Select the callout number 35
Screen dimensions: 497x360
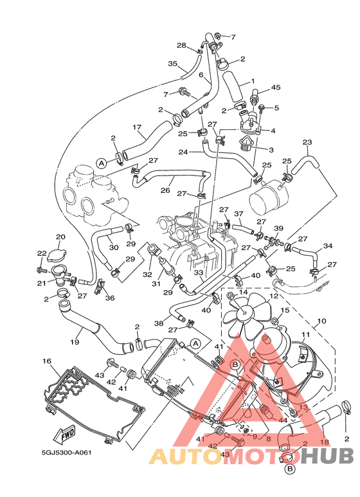[172, 64]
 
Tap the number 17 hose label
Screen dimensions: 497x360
[136, 127]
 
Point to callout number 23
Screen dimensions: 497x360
[307, 142]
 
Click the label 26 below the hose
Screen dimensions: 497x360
[165, 190]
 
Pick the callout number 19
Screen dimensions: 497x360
[75, 342]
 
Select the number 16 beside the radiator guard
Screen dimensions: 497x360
[46, 362]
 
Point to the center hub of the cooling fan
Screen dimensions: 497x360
[244, 314]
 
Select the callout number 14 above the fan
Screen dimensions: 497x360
[243, 292]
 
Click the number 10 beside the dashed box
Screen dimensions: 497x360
[321, 320]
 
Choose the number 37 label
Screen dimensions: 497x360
[238, 214]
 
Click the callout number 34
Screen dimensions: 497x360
[328, 246]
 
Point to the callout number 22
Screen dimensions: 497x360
[41, 253]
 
